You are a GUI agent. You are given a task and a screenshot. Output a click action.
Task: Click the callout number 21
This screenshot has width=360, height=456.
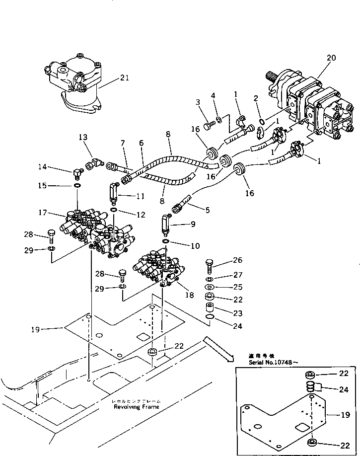click(x=124, y=77)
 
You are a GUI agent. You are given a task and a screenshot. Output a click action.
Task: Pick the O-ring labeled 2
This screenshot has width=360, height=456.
click(x=261, y=121)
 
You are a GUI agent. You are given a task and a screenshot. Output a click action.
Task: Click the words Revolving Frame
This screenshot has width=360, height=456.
click(x=136, y=406)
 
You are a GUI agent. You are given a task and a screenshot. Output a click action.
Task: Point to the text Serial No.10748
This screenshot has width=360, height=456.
click(x=274, y=363)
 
